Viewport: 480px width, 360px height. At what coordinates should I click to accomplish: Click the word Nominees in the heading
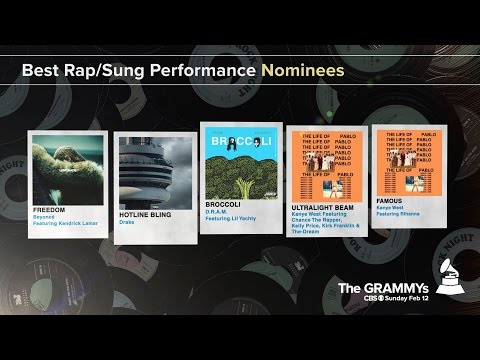pos(303,72)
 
